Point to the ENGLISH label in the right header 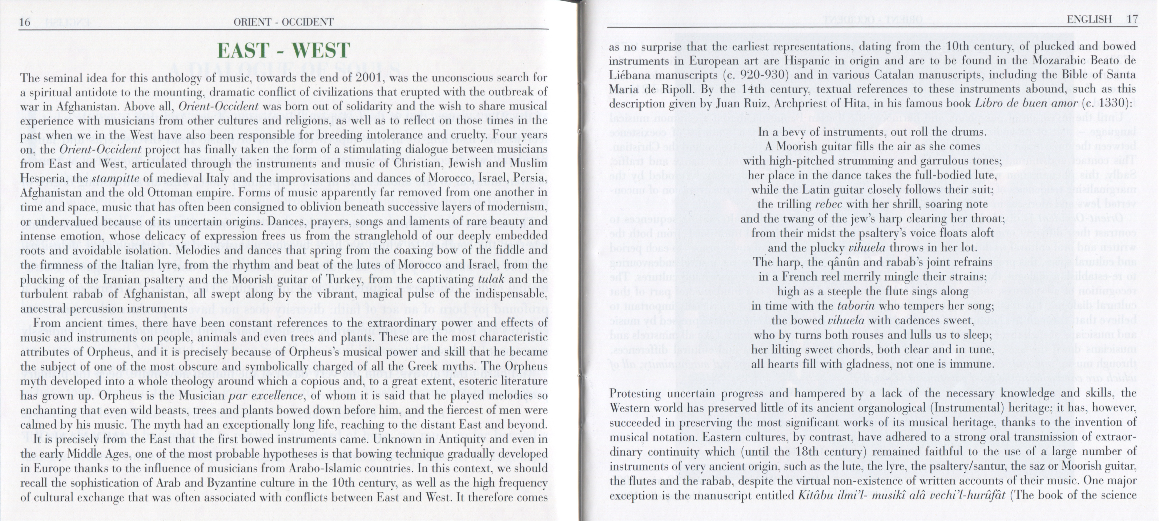1089,20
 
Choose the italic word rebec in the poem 828,204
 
